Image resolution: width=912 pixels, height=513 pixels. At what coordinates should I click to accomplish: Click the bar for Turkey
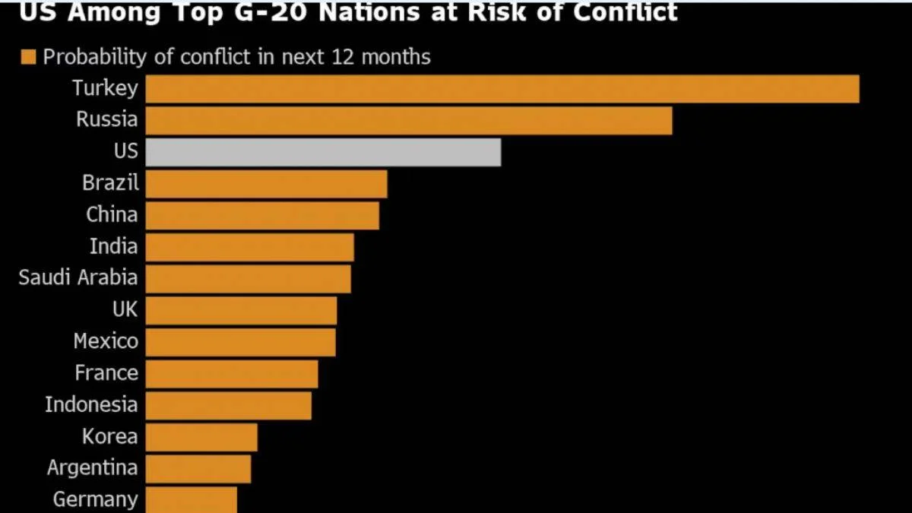point(502,89)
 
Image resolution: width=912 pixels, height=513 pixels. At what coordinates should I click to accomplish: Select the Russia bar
point(409,121)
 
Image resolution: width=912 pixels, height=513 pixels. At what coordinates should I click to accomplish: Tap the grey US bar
point(323,152)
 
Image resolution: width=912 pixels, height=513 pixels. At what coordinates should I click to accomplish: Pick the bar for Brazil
point(266,184)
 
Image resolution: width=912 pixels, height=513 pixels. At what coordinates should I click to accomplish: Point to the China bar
point(262,216)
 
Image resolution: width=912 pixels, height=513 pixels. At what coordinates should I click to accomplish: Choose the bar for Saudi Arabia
point(248,279)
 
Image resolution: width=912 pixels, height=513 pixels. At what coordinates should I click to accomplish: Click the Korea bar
point(201,437)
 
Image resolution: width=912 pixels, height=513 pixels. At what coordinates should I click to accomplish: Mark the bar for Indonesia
point(229,406)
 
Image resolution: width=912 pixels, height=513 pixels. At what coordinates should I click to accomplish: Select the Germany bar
point(192,500)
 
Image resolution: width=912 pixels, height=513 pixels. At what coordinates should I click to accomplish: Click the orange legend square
point(29,57)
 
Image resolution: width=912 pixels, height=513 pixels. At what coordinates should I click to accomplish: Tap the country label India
point(113,246)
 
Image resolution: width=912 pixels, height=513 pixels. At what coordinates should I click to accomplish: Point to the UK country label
point(125,309)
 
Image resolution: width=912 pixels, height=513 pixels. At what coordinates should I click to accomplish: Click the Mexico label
point(106,341)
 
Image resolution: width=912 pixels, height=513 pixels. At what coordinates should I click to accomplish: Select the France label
point(106,373)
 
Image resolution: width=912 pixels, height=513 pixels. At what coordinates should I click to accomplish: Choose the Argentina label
point(93,468)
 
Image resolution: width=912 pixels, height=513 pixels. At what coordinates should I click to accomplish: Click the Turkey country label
point(106,88)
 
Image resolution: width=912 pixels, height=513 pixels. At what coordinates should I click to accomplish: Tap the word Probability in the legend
point(94,57)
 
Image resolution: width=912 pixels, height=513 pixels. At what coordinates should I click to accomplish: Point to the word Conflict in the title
point(625,12)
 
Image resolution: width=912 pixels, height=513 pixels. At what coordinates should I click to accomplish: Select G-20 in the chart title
point(270,12)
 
